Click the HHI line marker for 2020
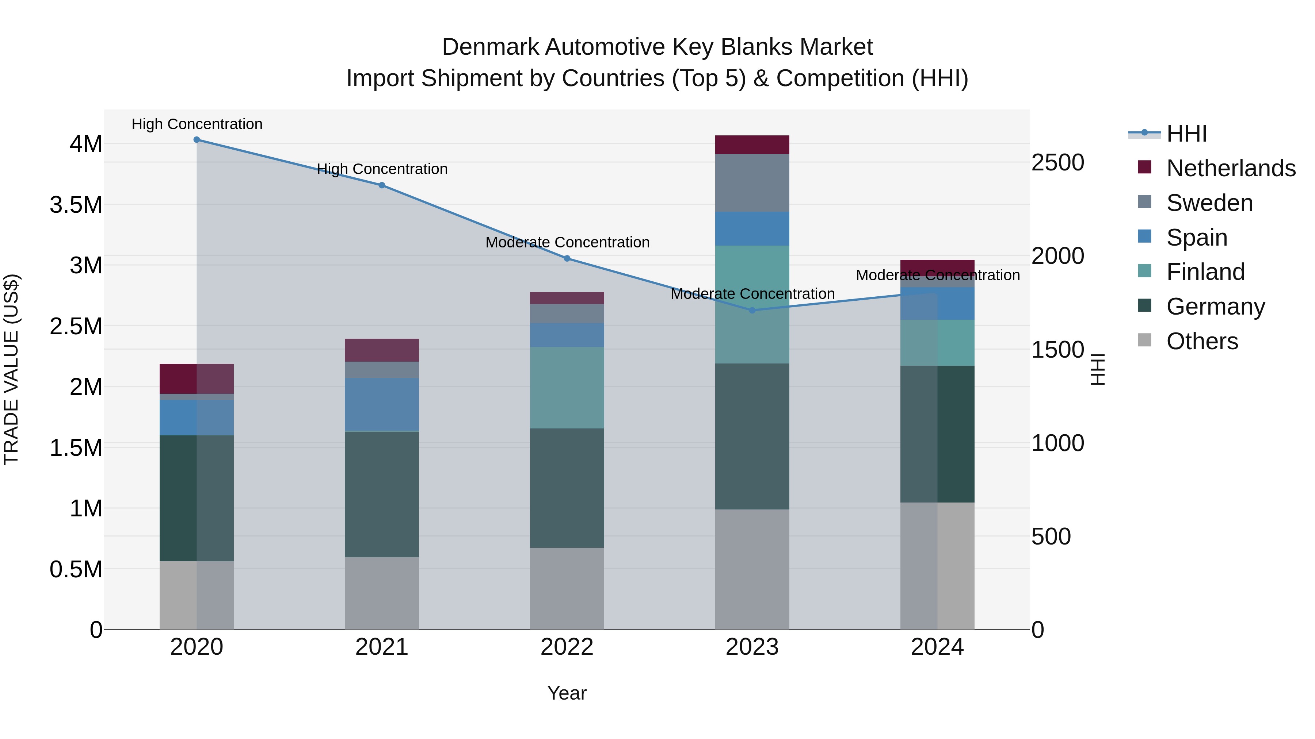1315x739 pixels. click(197, 140)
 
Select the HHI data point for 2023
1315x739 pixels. click(752, 310)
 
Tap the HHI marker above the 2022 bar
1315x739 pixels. click(567, 259)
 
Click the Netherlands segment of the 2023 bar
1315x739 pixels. click(752, 145)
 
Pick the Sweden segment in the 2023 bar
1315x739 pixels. click(752, 182)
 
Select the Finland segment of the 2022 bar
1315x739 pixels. click(567, 388)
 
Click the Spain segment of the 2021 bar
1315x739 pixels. click(381, 404)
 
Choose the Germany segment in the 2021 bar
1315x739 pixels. click(381, 494)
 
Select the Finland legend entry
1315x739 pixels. click(1205, 272)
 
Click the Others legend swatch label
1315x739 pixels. click(1202, 341)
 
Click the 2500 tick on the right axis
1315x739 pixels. click(1057, 163)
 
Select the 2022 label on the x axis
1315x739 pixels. click(567, 647)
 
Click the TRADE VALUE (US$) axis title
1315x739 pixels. click(11, 369)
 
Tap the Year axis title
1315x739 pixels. click(567, 693)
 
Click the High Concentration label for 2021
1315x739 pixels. click(382, 169)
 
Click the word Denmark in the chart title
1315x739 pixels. click(490, 47)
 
